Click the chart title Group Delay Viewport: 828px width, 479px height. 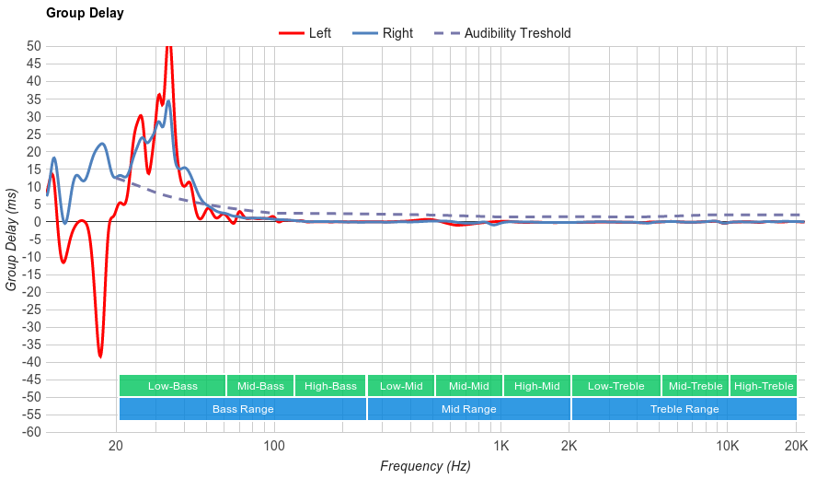click(85, 14)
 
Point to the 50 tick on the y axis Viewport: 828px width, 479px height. click(33, 46)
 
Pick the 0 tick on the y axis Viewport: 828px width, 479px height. click(37, 222)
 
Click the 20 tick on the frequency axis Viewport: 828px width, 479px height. click(116, 446)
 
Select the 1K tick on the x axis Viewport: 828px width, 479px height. click(500, 446)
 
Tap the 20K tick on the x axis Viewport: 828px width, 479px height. click(796, 446)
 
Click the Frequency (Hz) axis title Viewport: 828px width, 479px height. click(425, 466)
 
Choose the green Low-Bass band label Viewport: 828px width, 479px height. click(172, 386)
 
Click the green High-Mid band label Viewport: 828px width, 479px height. click(537, 386)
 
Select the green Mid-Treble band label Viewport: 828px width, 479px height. click(696, 386)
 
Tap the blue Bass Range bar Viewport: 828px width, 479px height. click(243, 409)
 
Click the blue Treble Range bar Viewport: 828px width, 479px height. click(684, 409)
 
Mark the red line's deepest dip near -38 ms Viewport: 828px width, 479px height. click(100, 356)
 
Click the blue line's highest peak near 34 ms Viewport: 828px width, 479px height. click(168, 100)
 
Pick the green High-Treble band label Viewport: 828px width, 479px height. click(764, 386)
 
